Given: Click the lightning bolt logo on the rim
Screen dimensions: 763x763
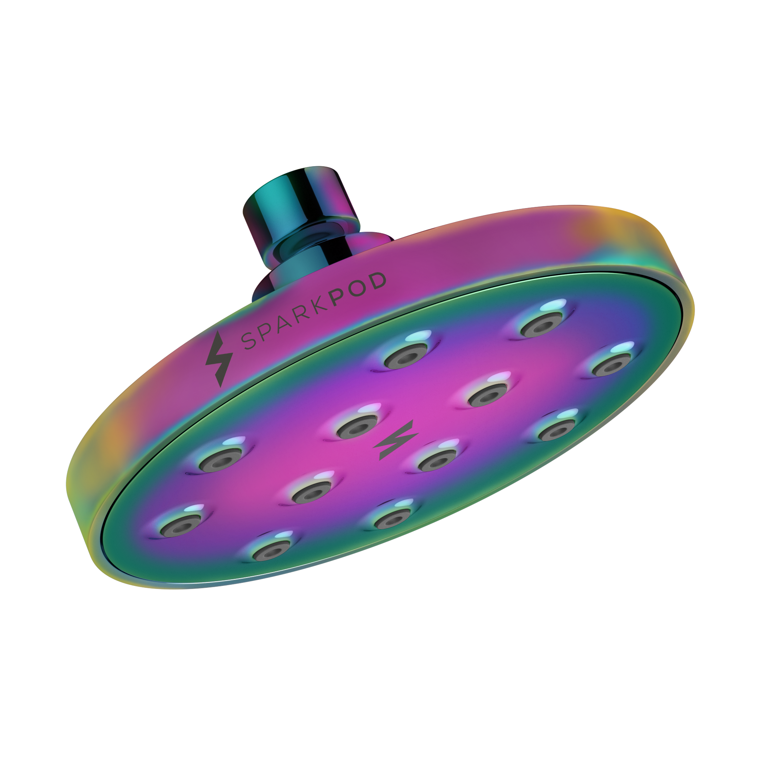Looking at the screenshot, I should (218, 358).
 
